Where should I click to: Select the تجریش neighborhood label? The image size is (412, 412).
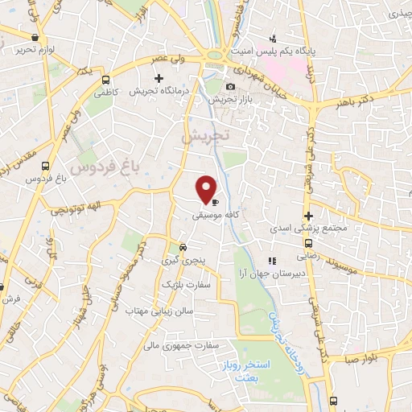click(205, 136)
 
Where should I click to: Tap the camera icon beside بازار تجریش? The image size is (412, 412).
click(231, 87)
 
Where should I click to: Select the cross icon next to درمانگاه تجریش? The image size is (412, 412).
click(159, 79)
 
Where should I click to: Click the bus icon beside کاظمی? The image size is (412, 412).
click(106, 80)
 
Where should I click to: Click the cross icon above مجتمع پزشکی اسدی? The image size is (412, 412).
click(308, 216)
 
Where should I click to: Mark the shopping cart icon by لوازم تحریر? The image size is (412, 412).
click(34, 36)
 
